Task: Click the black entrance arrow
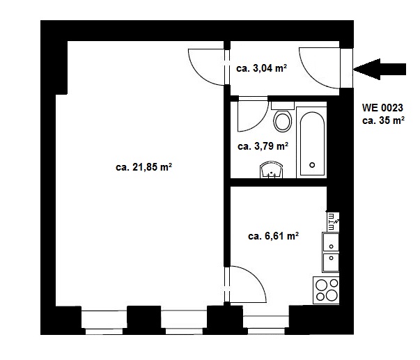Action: (x=380, y=69)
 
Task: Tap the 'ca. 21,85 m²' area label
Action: (x=143, y=167)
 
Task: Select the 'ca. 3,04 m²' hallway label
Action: (x=261, y=68)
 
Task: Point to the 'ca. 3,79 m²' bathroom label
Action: (x=263, y=146)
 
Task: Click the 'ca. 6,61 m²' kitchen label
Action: (x=274, y=236)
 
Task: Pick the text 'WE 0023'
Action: (x=382, y=108)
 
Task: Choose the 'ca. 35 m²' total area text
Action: (x=383, y=120)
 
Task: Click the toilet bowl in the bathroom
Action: (x=283, y=121)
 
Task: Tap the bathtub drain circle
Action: (x=312, y=165)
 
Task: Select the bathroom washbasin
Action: (x=272, y=170)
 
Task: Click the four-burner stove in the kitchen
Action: (x=326, y=290)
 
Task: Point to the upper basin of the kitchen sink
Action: (x=331, y=242)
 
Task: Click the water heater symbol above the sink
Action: (x=333, y=222)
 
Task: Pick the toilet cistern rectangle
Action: (x=283, y=106)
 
